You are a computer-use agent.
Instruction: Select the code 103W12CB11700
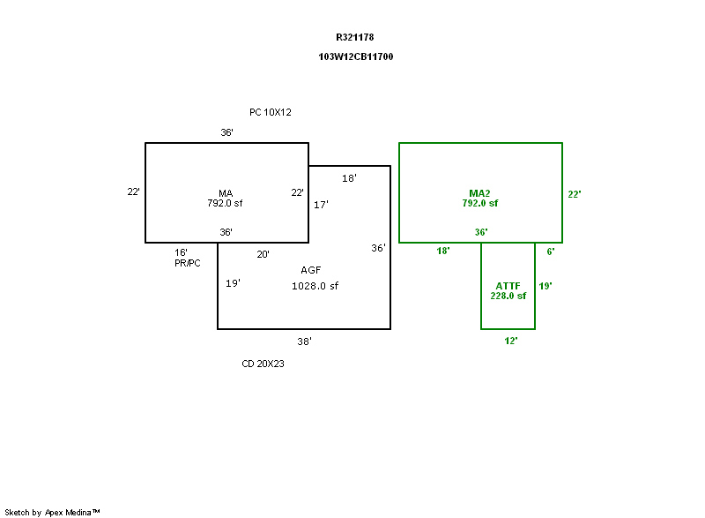point(356,56)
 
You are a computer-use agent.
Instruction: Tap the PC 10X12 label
point(270,112)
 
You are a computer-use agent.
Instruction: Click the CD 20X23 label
point(263,364)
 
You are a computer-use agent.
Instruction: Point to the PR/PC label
point(188,264)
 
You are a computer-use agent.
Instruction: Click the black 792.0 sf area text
point(226,203)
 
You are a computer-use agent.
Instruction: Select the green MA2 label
point(479,193)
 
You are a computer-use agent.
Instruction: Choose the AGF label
point(310,270)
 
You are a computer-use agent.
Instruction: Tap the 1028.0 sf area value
point(315,286)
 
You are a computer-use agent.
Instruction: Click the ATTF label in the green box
point(508,286)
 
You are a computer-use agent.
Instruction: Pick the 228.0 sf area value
point(508,297)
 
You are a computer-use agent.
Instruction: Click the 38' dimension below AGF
point(304,341)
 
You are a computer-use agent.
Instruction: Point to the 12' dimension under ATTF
point(510,341)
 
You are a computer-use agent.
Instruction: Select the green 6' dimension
point(551,251)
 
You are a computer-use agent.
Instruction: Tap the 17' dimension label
point(321,205)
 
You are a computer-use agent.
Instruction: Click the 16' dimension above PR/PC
point(181,252)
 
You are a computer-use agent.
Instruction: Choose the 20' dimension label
point(263,255)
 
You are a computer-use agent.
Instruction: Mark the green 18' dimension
point(443,251)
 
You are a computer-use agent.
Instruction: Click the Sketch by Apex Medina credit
point(52,512)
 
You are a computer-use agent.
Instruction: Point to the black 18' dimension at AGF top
point(349,178)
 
